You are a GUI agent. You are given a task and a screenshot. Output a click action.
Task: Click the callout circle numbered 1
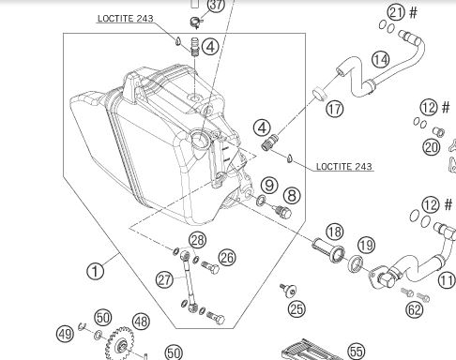[x=95, y=271]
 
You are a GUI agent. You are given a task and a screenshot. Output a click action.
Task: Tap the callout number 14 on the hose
[x=381, y=59]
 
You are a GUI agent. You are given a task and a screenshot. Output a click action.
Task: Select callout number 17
[x=335, y=109]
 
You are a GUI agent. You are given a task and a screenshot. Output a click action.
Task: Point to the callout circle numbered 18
[x=334, y=232]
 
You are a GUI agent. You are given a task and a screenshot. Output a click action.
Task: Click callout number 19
[x=366, y=246]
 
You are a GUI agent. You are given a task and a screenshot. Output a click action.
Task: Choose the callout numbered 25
[x=296, y=309]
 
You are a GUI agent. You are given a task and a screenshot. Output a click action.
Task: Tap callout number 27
[x=164, y=279]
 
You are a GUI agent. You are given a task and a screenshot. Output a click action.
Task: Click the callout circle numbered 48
[x=141, y=322]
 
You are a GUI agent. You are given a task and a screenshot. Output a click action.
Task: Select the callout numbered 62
[x=415, y=309]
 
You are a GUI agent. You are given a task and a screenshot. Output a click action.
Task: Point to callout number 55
[x=357, y=352]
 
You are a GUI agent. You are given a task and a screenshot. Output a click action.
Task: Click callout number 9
[x=269, y=185]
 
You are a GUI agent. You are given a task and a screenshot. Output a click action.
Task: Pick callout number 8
[x=292, y=196]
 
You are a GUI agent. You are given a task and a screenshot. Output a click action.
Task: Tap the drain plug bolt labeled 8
[x=282, y=212]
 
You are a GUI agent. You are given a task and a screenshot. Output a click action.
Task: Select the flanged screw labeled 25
[x=288, y=290]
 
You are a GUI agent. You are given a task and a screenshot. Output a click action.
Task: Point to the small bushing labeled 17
[x=319, y=94]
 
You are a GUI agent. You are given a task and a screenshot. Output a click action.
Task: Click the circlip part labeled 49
[x=82, y=326]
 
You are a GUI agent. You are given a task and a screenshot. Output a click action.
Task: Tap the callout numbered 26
[x=227, y=258]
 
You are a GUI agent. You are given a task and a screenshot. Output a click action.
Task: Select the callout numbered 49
[x=65, y=334]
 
